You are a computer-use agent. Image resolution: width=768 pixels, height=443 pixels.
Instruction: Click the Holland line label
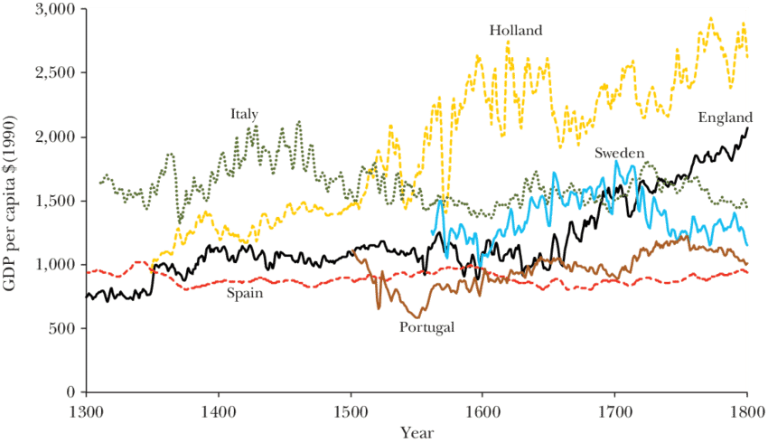516,30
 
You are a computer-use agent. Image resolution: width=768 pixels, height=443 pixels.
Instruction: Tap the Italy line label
244,114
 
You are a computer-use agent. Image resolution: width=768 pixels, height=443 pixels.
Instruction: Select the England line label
725,118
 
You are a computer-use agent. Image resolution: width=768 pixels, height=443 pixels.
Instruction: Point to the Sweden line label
619,153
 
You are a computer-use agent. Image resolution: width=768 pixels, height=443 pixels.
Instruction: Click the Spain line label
245,293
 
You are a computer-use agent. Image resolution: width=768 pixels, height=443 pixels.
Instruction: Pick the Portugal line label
425,326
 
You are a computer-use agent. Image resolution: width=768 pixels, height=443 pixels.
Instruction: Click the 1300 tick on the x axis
86,409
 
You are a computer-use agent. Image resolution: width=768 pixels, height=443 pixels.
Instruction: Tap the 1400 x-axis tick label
218,409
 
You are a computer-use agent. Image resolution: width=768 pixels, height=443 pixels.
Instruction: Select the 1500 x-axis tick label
351,409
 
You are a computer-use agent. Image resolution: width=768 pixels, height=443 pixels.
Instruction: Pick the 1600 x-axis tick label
482,409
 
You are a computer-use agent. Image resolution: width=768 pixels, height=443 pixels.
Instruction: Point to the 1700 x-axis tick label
615,409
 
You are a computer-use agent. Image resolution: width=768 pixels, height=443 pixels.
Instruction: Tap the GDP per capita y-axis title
14,201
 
